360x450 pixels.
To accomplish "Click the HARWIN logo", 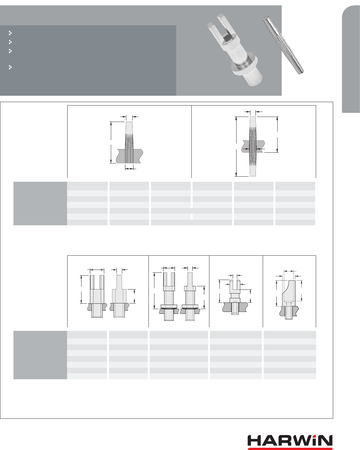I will point(290,441).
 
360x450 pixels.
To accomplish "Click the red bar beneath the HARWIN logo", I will point(290,448).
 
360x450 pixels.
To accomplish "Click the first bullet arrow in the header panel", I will point(10,33).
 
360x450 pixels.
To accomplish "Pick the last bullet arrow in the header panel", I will point(10,67).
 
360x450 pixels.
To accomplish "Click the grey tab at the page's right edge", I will point(351,60).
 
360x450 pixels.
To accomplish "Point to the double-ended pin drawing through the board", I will point(253,146).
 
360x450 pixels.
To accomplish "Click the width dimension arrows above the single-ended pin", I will point(129,117).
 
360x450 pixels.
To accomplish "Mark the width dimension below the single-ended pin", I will point(129,168).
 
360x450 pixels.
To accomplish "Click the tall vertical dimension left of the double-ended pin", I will point(236,146).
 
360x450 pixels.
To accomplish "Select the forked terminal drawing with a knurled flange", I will point(169,295).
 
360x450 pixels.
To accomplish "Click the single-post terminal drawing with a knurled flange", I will point(190,295).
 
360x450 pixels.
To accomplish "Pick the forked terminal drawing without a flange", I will point(97,295).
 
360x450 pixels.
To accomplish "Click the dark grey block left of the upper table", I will point(40,204).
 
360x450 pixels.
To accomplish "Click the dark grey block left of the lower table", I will point(40,355).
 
